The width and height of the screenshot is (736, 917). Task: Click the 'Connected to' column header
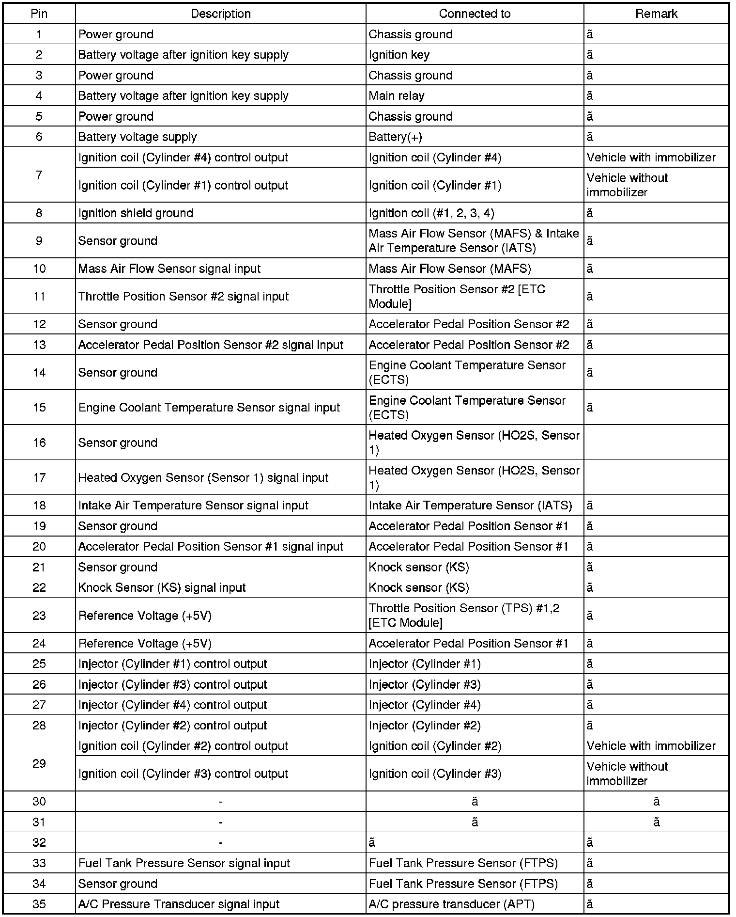(x=475, y=14)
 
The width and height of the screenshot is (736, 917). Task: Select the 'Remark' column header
(x=656, y=14)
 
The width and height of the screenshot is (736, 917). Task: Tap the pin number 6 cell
(x=39, y=137)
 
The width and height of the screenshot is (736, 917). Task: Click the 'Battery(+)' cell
(x=395, y=137)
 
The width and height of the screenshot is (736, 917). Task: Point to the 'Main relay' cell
(x=396, y=96)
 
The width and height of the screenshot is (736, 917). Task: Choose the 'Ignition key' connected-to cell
(x=399, y=55)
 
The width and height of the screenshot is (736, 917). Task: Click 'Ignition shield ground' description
(x=136, y=213)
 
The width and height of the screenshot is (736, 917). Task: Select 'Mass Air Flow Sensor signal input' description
(x=169, y=269)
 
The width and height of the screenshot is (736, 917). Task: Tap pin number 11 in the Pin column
(x=39, y=296)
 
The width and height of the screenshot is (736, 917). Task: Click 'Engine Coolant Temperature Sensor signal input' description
(x=209, y=408)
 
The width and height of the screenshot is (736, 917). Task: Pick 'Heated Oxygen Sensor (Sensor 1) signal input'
(x=203, y=478)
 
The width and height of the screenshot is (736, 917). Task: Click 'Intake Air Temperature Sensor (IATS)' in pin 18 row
(x=470, y=506)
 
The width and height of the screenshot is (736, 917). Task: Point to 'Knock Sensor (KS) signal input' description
(x=162, y=587)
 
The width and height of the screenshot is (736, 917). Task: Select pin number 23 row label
(x=39, y=616)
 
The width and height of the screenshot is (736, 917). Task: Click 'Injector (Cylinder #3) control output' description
(x=172, y=684)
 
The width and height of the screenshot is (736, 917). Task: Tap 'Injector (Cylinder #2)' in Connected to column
(x=425, y=726)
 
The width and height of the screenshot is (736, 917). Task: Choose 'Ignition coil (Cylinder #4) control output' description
(x=183, y=158)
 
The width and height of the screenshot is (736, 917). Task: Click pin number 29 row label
(x=39, y=764)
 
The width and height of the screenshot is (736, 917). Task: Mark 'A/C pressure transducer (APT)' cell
(x=452, y=904)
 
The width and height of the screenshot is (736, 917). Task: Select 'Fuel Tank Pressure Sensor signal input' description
(x=184, y=863)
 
